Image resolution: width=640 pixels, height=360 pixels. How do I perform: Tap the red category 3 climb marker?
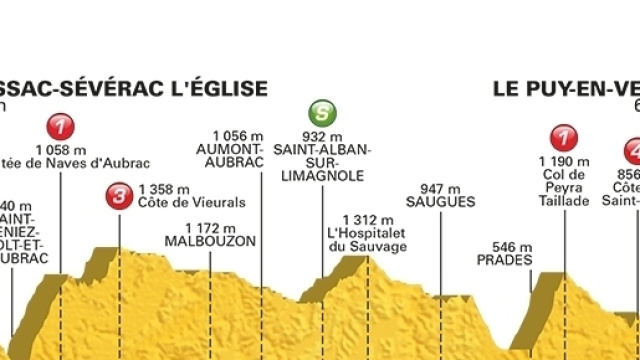[x=120, y=196]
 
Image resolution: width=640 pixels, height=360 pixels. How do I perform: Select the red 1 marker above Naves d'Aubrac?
[x=63, y=128]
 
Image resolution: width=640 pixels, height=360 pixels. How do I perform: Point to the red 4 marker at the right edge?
[x=632, y=150]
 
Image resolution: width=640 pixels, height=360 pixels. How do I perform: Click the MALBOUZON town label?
[x=211, y=241]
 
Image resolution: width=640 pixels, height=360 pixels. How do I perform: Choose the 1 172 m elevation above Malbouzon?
[x=210, y=227]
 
